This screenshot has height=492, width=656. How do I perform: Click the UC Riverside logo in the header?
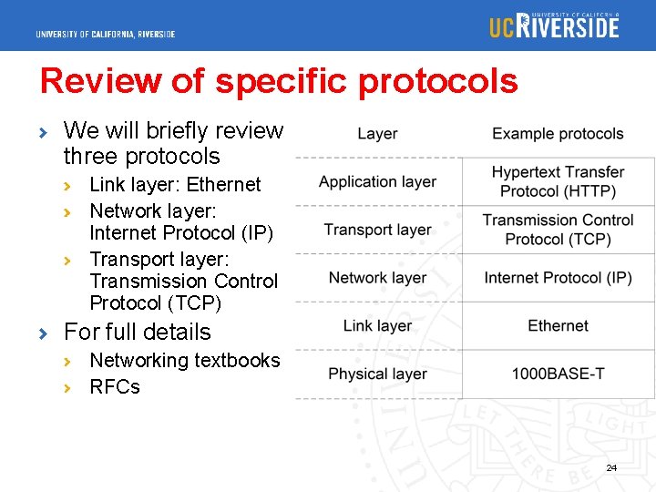(x=554, y=26)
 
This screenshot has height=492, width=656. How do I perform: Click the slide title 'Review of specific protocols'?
(x=279, y=81)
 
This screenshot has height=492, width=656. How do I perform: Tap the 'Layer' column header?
(x=377, y=134)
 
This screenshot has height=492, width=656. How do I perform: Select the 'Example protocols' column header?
(x=558, y=134)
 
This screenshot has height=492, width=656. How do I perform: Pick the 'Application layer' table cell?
(x=377, y=182)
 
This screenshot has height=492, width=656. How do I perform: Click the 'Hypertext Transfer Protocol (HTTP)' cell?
(x=558, y=181)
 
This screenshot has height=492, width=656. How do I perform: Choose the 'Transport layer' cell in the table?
(x=377, y=230)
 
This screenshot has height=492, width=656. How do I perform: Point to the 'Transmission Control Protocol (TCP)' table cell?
(x=558, y=230)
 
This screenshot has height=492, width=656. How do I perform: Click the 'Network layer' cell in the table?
(x=377, y=278)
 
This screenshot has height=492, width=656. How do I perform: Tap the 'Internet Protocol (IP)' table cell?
(x=558, y=278)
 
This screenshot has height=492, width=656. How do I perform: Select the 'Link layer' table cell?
(x=377, y=326)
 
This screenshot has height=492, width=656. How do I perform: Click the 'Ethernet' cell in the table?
(x=558, y=326)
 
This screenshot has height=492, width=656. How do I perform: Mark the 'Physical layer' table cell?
(x=377, y=374)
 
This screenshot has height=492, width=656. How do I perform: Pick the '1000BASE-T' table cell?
(x=558, y=374)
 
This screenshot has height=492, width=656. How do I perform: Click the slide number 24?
(x=611, y=467)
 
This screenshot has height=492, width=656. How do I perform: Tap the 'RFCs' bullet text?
(x=115, y=387)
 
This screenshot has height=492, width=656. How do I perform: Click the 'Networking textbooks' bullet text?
(x=185, y=361)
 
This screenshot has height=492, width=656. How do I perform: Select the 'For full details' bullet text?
(x=137, y=332)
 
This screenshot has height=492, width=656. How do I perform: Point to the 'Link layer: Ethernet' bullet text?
(x=175, y=185)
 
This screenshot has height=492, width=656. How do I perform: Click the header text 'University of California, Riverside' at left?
(x=106, y=35)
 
